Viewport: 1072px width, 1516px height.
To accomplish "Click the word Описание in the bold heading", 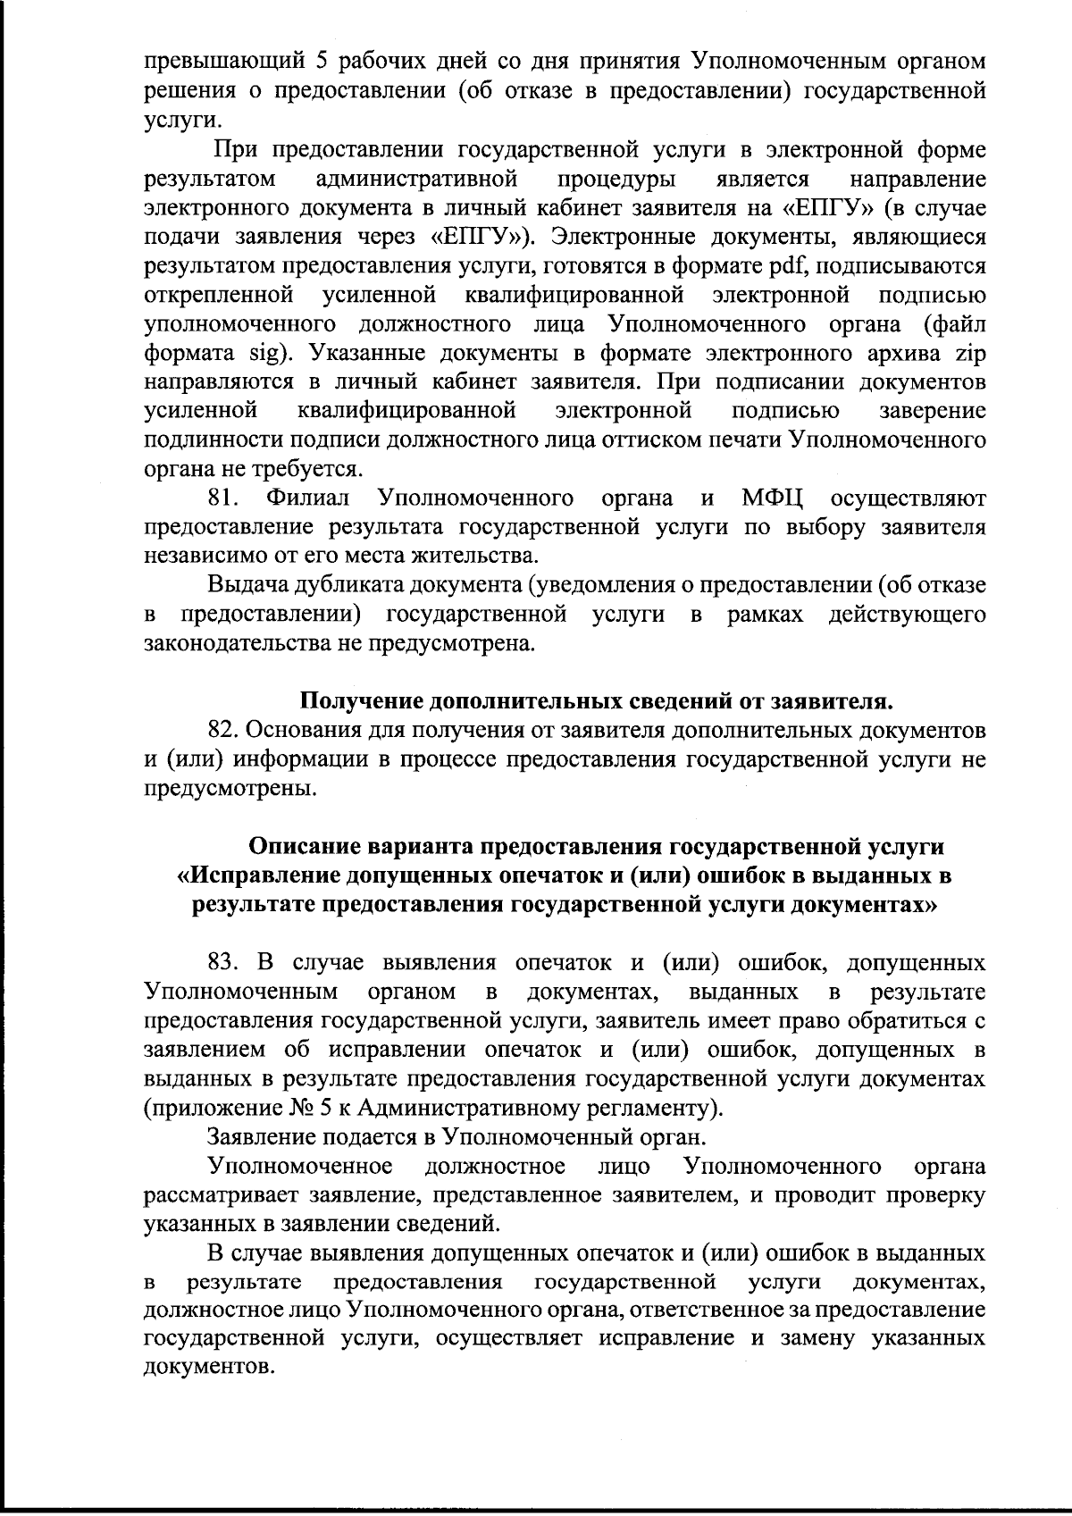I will tap(303, 845).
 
